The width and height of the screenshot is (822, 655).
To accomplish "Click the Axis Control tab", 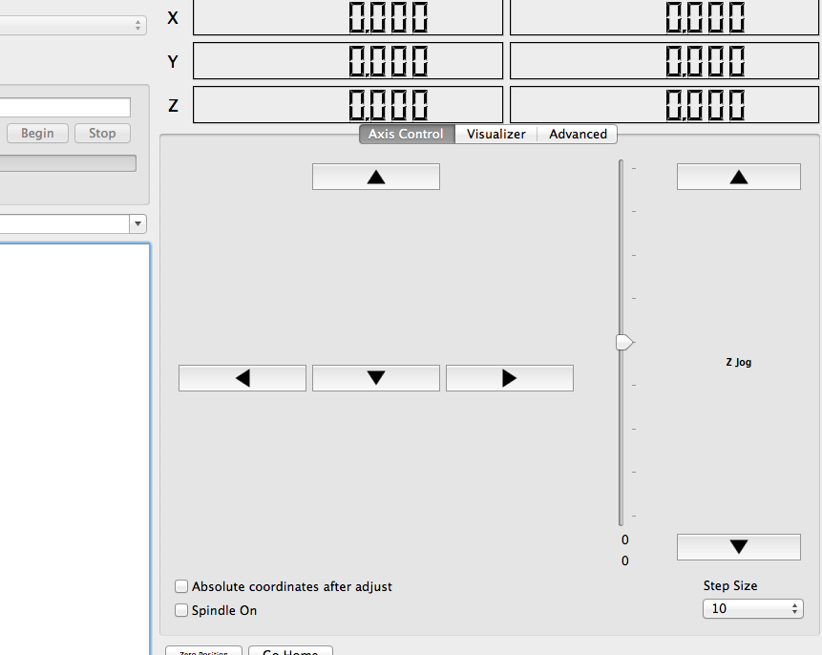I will coord(407,135).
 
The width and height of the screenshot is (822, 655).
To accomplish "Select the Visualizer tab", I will coord(495,135).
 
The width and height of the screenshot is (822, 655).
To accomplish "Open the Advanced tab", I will coord(578,135).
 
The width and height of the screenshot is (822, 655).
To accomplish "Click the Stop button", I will coord(102,134).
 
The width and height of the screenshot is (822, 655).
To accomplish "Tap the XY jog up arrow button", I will coord(376,177).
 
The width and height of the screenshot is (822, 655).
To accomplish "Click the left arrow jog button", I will coord(242,378).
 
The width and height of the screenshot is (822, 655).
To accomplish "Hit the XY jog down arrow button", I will coord(376,378).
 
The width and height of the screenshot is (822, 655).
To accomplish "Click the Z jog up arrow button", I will coord(738,177).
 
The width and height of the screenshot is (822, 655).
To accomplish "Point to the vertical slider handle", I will coord(624,342).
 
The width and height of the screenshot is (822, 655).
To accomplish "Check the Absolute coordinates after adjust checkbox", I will coord(181,587).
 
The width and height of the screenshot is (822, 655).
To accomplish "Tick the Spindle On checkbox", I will coord(181,610).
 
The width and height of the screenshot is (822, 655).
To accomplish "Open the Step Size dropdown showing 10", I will coord(753,609).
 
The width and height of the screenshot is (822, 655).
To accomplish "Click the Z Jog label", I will coord(738,363).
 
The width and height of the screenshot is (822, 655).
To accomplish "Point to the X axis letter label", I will coord(173,17).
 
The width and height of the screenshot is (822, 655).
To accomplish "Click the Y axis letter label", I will coord(173,61).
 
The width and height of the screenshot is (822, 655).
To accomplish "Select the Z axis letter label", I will coord(173,106).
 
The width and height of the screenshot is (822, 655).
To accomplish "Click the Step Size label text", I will coord(730,586).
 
